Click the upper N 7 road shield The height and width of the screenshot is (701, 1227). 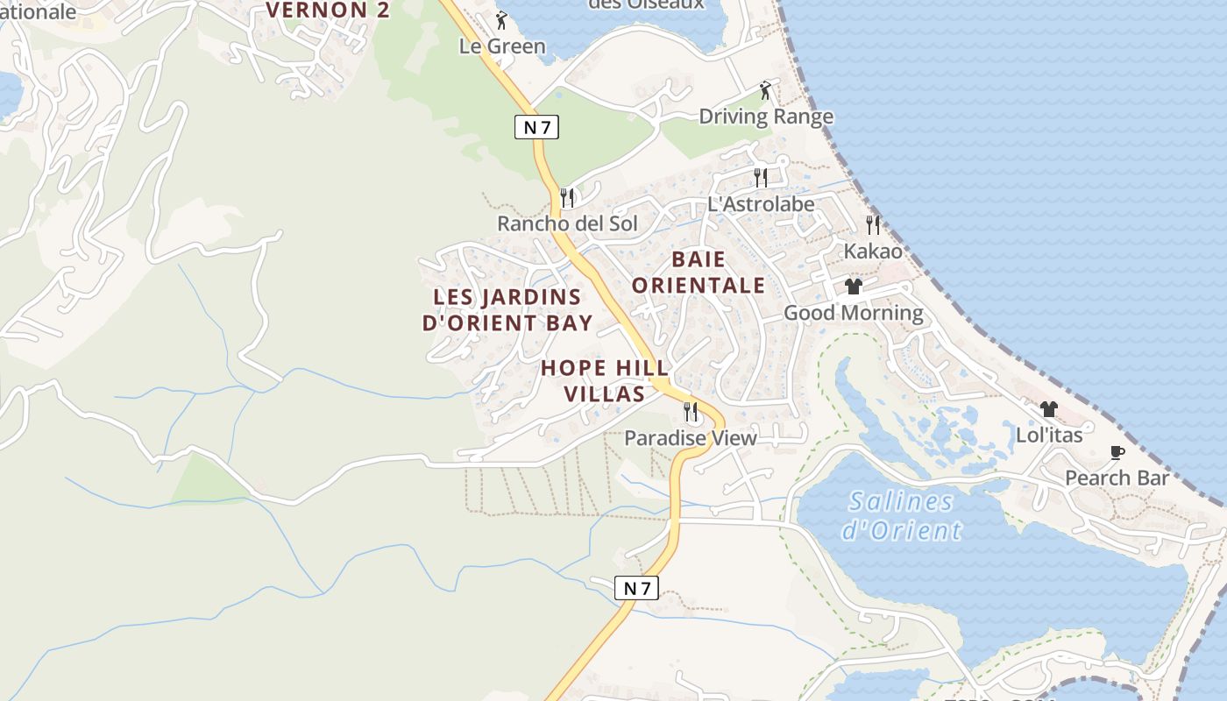click(x=535, y=127)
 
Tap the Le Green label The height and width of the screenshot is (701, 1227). click(x=502, y=46)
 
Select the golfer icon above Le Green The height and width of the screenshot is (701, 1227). click(x=501, y=19)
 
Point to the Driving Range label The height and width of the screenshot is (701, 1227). click(x=765, y=117)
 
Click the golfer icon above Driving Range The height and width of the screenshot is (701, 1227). click(x=765, y=89)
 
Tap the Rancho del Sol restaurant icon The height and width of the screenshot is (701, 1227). click(x=567, y=197)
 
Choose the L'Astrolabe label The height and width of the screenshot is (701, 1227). click(x=761, y=204)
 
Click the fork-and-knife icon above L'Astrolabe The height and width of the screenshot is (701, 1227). click(x=760, y=178)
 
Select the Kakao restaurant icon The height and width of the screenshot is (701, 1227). click(x=872, y=224)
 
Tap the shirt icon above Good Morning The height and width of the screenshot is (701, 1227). click(x=853, y=287)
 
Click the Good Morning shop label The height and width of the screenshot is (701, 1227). click(x=853, y=313)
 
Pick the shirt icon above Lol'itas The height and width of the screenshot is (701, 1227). click(x=1048, y=408)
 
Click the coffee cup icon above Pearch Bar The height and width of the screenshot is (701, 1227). click(x=1117, y=452)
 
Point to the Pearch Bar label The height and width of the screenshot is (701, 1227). click(x=1117, y=478)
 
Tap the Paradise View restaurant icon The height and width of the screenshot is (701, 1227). click(x=691, y=411)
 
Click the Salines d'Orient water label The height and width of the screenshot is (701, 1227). click(x=901, y=516)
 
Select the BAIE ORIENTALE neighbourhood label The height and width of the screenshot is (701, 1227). click(x=699, y=273)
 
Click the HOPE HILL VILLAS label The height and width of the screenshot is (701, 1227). click(x=605, y=381)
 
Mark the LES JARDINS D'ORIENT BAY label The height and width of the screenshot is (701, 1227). click(x=507, y=310)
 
